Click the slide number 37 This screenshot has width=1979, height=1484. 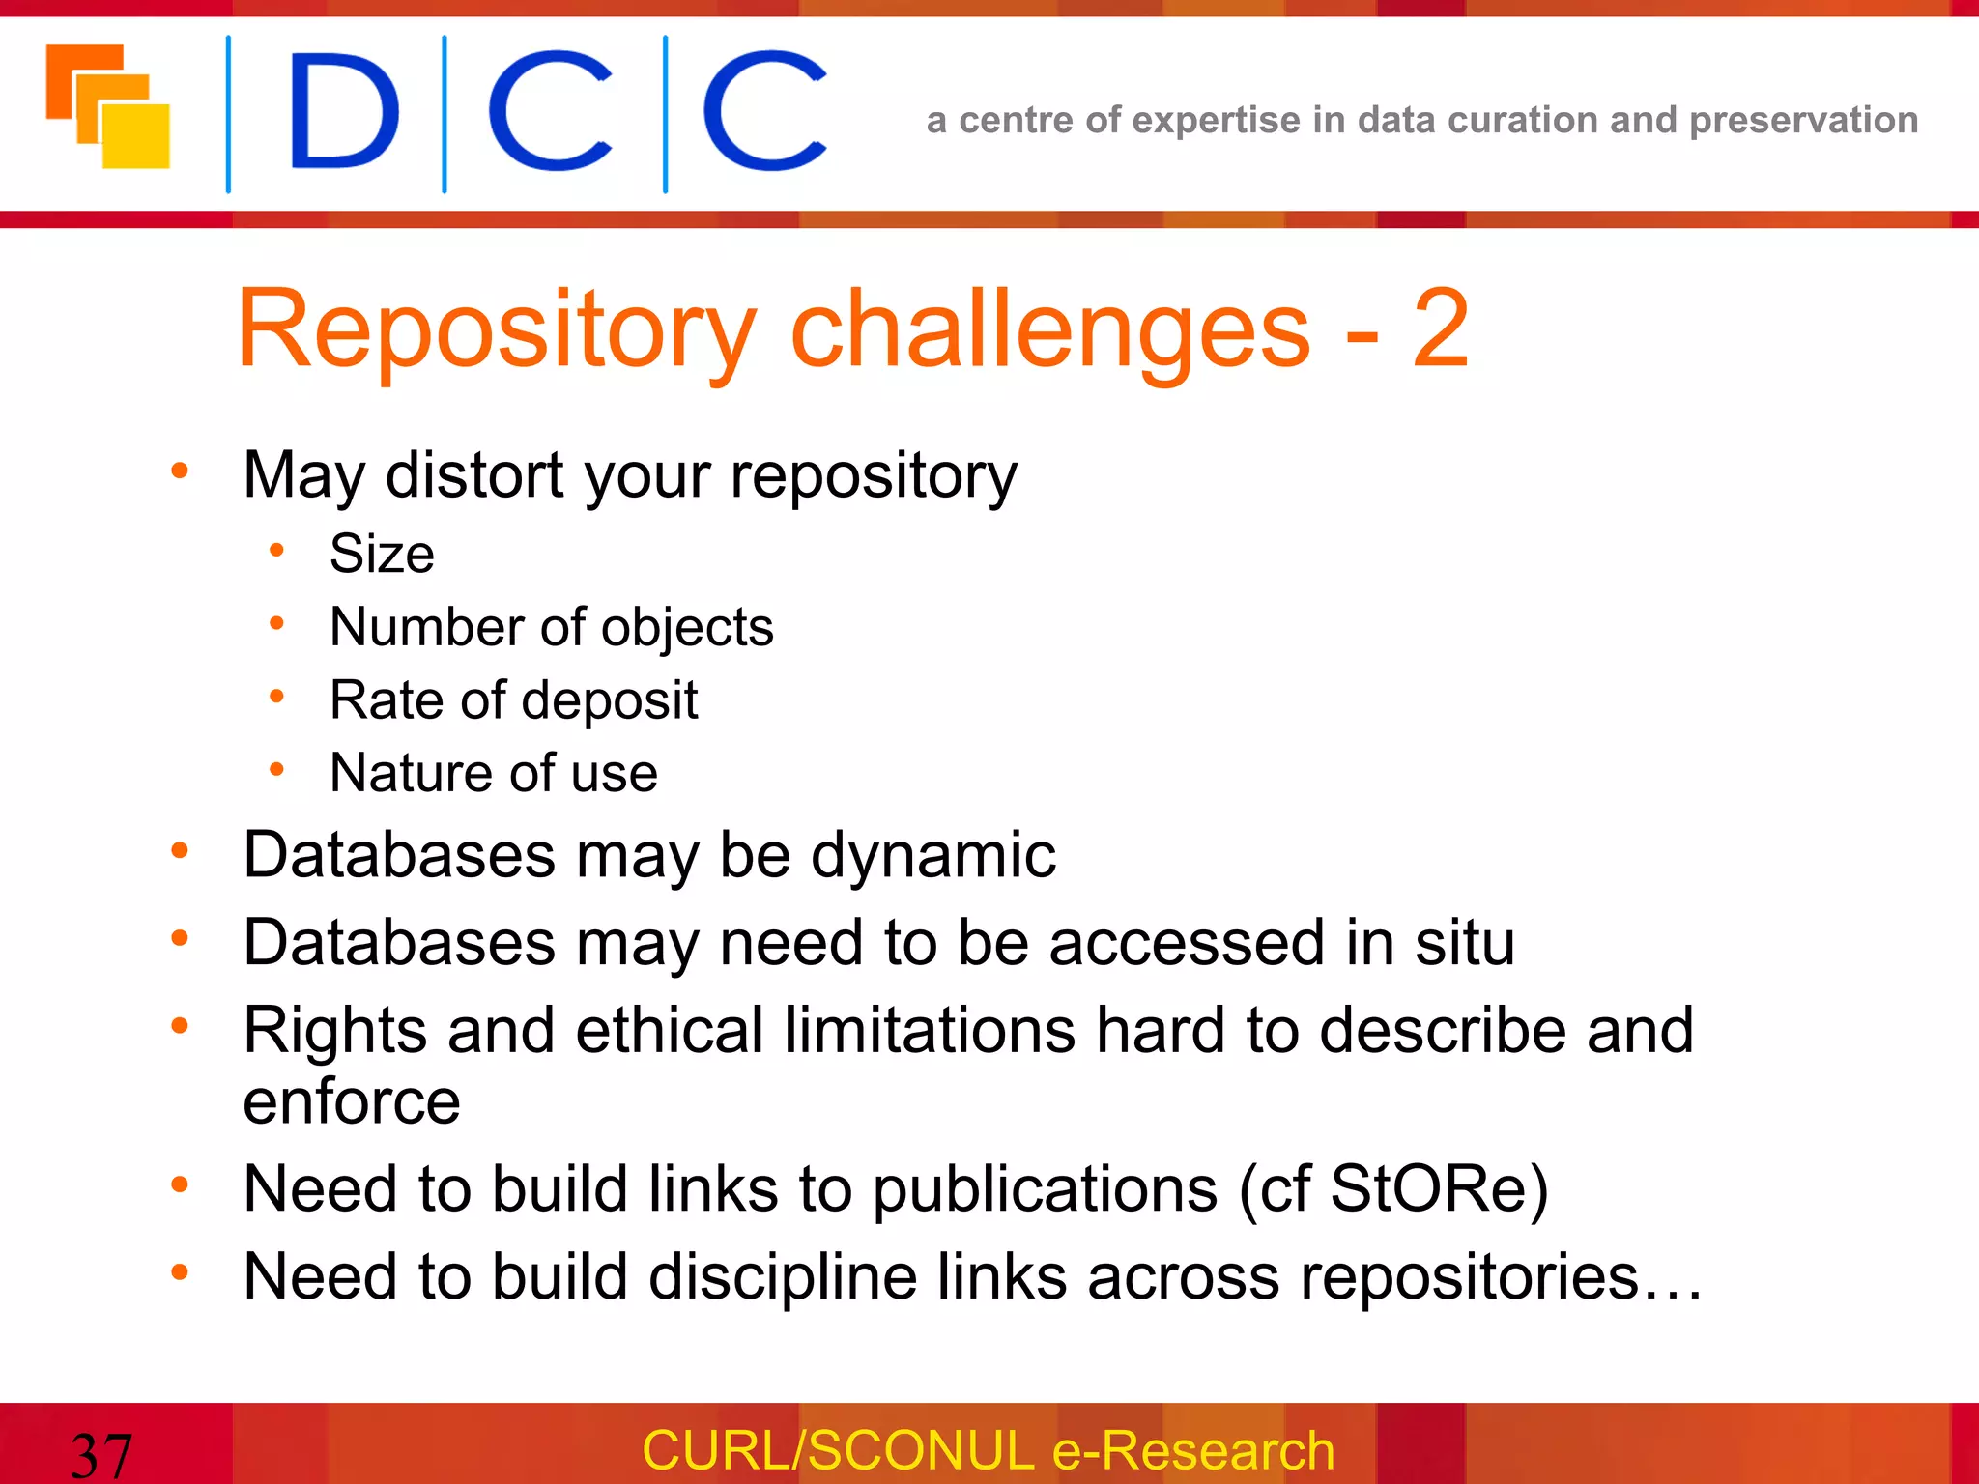click(x=100, y=1454)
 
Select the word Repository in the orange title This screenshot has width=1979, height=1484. click(x=496, y=330)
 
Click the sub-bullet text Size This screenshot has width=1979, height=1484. click(x=382, y=554)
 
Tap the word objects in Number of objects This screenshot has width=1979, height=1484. click(x=687, y=628)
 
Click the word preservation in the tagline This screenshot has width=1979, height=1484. click(x=1803, y=120)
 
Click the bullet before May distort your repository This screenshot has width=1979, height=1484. click(x=180, y=471)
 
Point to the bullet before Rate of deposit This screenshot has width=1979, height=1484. click(x=276, y=697)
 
